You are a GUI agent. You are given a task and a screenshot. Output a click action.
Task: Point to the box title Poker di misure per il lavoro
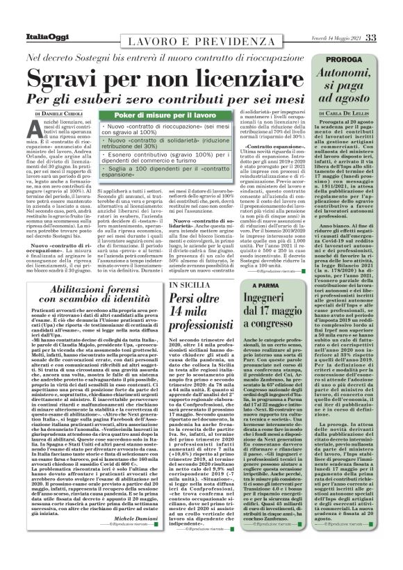click(x=163, y=115)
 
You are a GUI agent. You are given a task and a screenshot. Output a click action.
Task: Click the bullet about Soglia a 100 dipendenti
click(x=165, y=172)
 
